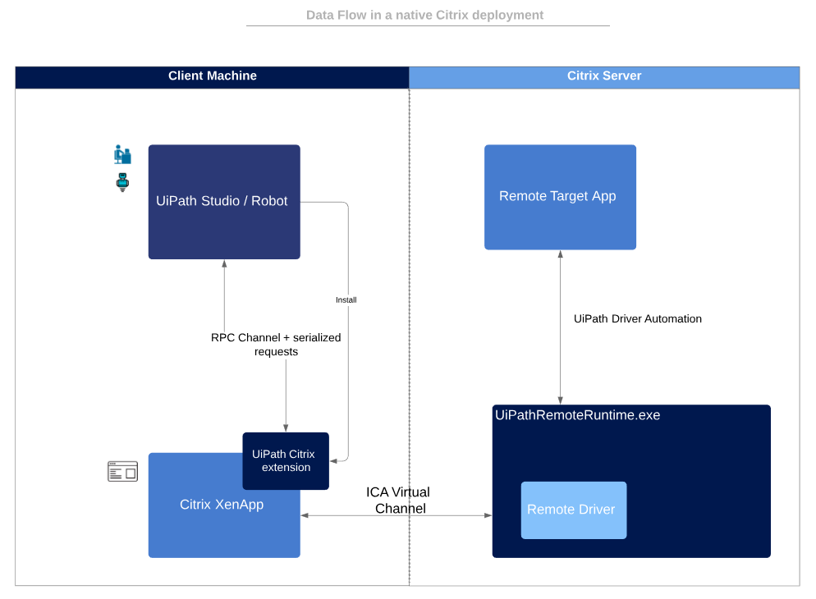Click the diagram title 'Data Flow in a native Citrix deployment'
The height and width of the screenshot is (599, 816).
click(424, 15)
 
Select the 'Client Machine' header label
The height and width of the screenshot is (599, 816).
click(212, 76)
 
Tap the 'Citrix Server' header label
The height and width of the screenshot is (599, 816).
click(604, 76)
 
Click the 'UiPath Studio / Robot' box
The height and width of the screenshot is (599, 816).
click(223, 202)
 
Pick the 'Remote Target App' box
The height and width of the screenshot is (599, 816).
click(559, 197)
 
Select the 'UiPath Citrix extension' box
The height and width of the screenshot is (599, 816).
click(286, 461)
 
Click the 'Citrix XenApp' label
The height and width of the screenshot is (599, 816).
click(221, 505)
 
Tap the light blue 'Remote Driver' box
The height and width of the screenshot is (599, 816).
click(573, 510)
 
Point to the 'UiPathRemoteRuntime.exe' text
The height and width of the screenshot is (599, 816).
click(577, 415)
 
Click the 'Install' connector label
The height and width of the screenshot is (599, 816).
click(346, 300)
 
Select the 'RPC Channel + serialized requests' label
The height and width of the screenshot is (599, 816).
click(276, 344)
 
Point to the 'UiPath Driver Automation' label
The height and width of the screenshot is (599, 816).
click(637, 319)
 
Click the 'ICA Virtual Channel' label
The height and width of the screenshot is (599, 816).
click(398, 500)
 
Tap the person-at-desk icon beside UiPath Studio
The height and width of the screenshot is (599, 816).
click(122, 154)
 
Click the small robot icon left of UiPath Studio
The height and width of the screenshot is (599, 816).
click(122, 182)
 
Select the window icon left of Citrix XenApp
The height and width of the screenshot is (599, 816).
click(122, 471)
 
